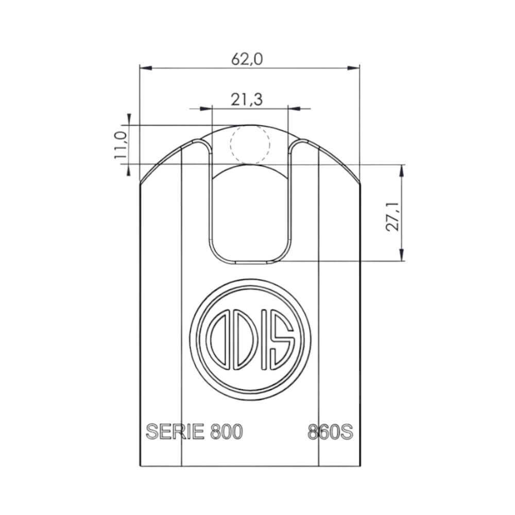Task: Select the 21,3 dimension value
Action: pyautogui.click(x=247, y=100)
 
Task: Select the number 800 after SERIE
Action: pyautogui.click(x=225, y=432)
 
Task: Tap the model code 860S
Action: pyautogui.click(x=330, y=432)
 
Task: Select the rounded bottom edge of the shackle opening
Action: pyautogui.click(x=250, y=262)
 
